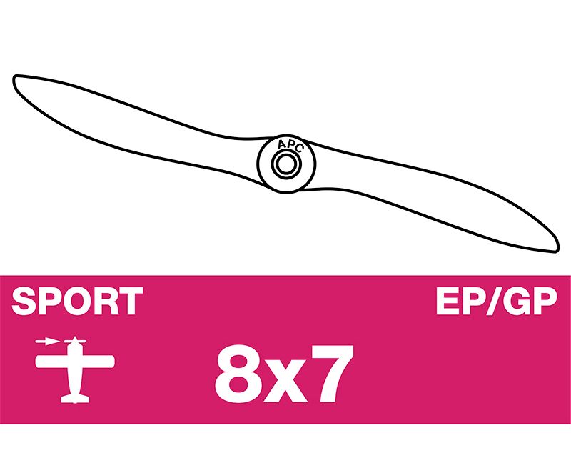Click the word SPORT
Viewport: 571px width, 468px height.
point(77,301)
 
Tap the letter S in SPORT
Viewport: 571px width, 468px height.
point(24,301)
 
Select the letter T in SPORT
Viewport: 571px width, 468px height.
point(131,301)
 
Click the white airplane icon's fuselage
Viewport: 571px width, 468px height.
point(75,368)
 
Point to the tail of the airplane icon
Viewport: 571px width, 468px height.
point(75,398)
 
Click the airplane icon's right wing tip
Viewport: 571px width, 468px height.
point(112,362)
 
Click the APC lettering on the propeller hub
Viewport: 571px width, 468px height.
point(290,146)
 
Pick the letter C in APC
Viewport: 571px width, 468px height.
point(299,149)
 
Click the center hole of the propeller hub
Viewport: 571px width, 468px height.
point(286,164)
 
